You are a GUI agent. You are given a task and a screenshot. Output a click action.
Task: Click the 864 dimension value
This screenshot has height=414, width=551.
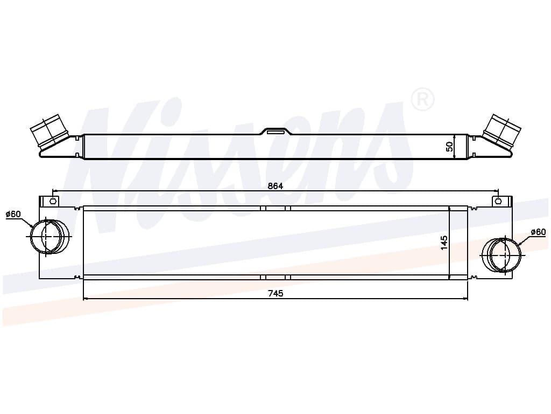point(275,186)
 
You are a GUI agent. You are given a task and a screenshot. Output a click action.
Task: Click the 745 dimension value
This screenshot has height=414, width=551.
point(275,293)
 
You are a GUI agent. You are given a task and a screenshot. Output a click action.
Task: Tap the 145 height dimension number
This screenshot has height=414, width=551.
point(444,243)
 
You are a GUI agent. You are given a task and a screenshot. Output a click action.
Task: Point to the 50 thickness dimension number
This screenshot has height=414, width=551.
point(449,147)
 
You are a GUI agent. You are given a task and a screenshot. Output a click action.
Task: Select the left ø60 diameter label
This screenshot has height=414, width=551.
point(13,214)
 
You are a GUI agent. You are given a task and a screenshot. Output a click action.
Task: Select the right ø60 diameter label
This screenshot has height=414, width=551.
point(538,232)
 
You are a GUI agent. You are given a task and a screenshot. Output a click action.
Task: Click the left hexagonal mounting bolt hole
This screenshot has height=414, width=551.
point(53,202)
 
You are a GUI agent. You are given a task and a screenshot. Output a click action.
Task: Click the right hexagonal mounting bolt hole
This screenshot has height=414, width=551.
point(498,202)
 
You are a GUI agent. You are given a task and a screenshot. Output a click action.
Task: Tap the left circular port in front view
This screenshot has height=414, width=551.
point(49,236)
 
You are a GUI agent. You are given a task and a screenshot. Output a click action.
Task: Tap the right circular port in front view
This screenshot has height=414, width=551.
point(501,255)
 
